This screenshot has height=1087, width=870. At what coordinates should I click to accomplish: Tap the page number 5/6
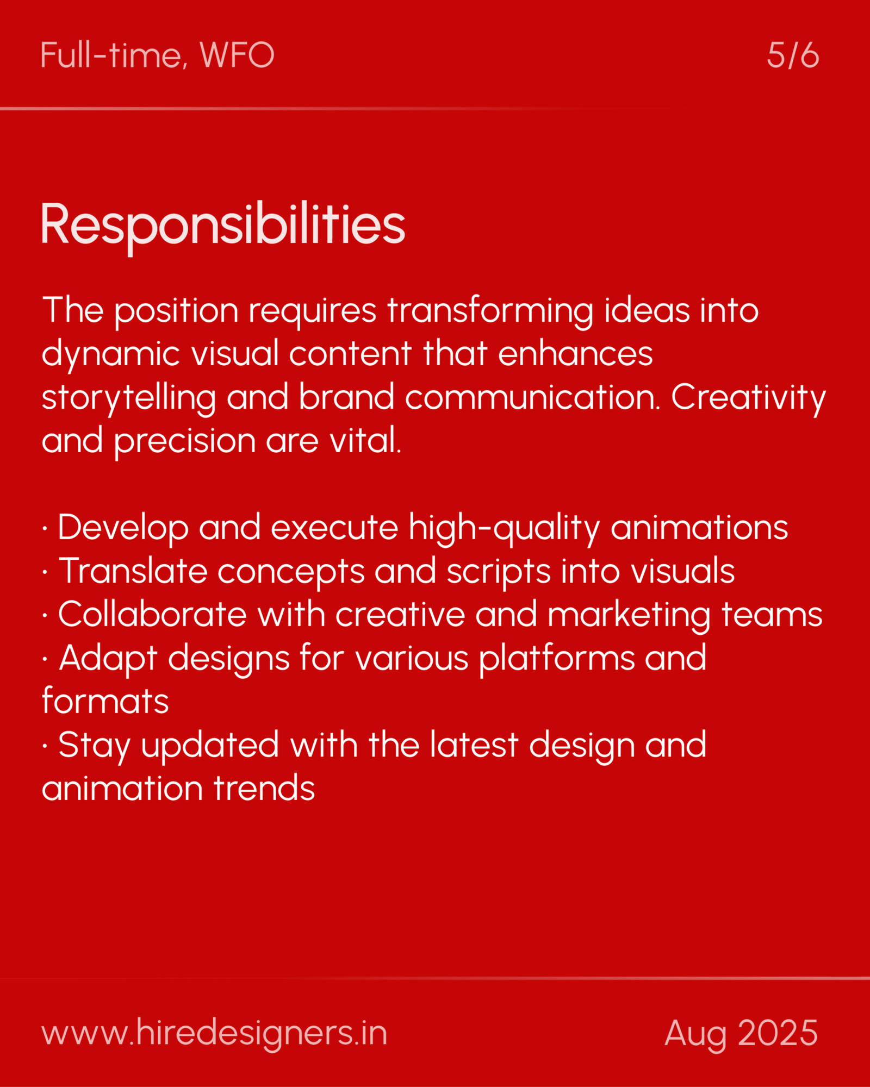coord(792,55)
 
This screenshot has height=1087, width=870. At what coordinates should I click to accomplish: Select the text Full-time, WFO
coord(157,55)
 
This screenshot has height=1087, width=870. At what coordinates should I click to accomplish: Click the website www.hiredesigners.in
coord(214,1033)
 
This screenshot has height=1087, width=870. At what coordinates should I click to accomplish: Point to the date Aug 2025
coord(741,1033)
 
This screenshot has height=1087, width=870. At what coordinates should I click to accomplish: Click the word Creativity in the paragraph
coord(748,397)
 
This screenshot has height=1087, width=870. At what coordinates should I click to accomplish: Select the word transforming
coord(490,311)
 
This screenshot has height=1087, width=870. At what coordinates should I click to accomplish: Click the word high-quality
coord(504,528)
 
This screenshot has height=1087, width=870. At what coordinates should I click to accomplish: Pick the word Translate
coord(133,571)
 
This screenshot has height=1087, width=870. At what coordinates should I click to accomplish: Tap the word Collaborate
coord(153,615)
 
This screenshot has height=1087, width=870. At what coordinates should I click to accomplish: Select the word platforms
coord(556,658)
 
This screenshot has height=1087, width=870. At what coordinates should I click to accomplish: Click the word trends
coord(264,789)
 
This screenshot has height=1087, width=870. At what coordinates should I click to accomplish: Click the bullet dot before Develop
coord(45,528)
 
